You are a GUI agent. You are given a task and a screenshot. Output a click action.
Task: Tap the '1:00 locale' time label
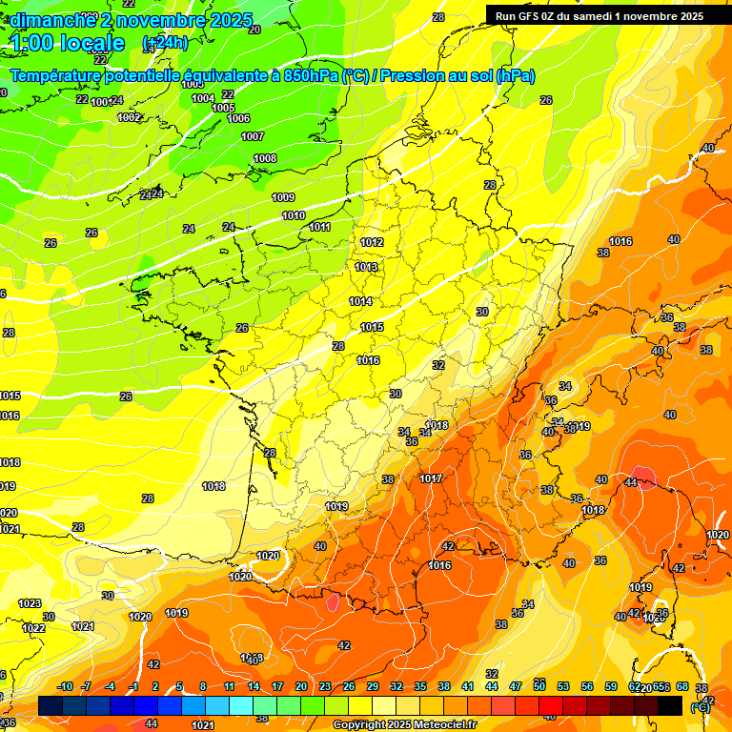68,43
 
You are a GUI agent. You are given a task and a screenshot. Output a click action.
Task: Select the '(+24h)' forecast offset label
165,43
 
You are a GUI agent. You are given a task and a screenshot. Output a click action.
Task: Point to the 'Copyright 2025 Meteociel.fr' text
404,724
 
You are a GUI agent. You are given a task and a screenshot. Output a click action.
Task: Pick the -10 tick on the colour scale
65,686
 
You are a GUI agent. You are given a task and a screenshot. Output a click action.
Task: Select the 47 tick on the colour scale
516,686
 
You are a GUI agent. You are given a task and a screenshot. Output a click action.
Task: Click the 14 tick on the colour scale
254,686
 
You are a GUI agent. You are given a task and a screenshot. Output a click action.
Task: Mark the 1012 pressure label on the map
371,242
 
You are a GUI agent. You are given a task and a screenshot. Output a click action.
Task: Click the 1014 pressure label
360,301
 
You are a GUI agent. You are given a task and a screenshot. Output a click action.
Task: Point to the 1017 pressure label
430,478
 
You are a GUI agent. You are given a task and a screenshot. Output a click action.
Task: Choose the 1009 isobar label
283,197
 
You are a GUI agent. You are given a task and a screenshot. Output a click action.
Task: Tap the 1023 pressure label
30,603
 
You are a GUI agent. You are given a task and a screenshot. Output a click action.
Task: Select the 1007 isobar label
253,136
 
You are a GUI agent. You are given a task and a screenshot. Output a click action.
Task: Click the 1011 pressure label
319,227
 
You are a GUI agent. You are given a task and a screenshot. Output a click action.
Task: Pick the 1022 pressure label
33,628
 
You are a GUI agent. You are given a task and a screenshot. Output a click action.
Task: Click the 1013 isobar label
365,267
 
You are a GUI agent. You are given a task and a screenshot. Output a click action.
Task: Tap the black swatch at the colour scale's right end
670,705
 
